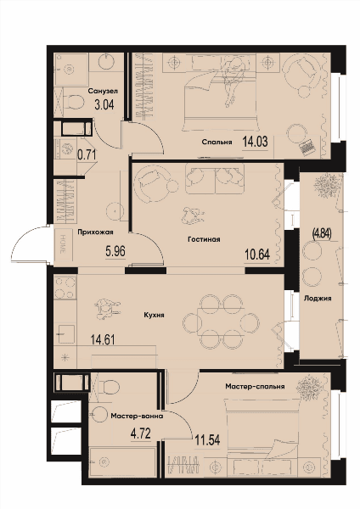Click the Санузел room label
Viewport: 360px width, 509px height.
[x=103, y=91]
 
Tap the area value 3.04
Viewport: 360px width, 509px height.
[x=104, y=105]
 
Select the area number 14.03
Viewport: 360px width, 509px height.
[x=255, y=142]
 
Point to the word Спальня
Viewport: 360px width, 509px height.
[x=217, y=142]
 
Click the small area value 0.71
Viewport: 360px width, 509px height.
[x=87, y=155]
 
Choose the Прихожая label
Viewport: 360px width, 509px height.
[x=95, y=232]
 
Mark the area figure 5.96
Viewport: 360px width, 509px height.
[x=115, y=251]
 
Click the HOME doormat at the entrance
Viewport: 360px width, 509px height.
[x=63, y=244]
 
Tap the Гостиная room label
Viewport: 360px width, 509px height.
[x=204, y=239]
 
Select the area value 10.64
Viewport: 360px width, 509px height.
[x=257, y=255]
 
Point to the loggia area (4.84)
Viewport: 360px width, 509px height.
[x=322, y=233]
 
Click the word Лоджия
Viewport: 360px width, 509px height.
[x=318, y=298]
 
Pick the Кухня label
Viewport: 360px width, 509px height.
[x=154, y=315]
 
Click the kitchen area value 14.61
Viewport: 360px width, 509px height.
[x=103, y=339]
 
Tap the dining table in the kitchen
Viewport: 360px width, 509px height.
[x=221, y=322]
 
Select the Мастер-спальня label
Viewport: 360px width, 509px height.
[x=255, y=386]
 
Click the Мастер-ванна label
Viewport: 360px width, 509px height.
[x=137, y=416]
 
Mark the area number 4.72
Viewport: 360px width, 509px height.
[x=141, y=433]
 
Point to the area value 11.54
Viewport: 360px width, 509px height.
[x=208, y=440]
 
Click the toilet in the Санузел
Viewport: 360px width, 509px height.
[x=73, y=101]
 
